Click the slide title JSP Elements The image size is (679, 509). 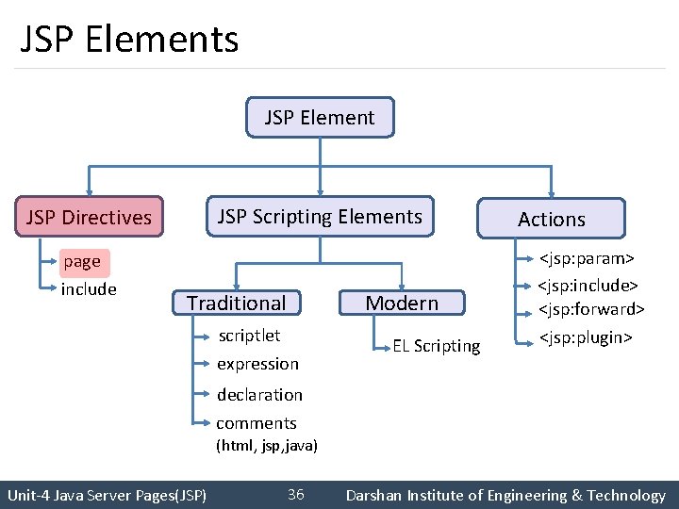129,40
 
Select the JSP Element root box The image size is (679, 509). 320,118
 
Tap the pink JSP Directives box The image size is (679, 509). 89,218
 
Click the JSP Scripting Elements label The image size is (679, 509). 320,217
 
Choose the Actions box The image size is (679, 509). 552,219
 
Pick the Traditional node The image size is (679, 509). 236,303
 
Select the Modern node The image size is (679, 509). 402,303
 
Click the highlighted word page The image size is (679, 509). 82,261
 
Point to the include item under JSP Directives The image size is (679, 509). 89,288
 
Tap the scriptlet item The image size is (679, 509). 249,336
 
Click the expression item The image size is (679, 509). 257,364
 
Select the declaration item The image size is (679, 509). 259,395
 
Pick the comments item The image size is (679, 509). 257,423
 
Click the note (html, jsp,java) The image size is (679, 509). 267,445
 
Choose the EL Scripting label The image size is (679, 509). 437,346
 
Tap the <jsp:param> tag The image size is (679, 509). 586,257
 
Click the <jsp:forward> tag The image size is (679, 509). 591,309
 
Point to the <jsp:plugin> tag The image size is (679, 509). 585,337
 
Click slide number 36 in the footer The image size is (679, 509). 295,495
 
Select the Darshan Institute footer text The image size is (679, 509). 505,495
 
